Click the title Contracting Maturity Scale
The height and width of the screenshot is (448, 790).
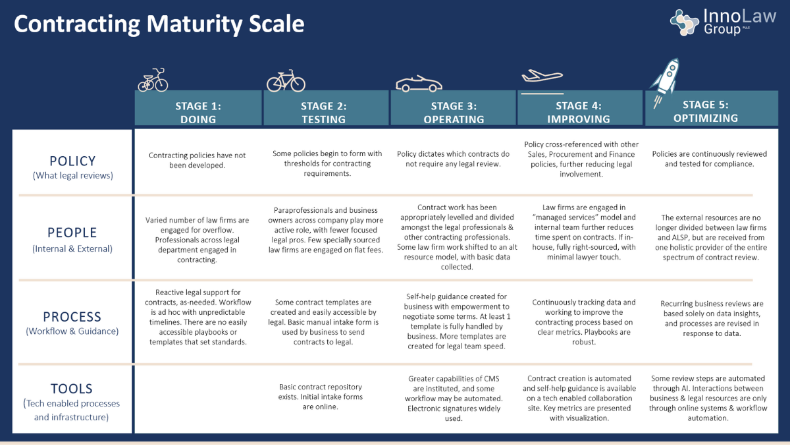[x=159, y=24]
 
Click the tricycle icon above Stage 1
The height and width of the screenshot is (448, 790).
[x=153, y=80]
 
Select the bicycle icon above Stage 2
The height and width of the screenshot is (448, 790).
[x=286, y=80]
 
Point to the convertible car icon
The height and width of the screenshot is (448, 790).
[x=418, y=84]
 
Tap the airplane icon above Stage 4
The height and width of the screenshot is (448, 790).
[x=541, y=76]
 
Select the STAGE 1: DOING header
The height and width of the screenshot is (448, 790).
[x=198, y=112]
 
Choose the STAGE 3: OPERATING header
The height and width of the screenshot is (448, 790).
[x=454, y=112]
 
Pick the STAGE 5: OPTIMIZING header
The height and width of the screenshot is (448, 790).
[x=705, y=111]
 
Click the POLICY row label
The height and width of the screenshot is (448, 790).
[x=72, y=161]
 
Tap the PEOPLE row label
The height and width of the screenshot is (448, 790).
[x=72, y=233]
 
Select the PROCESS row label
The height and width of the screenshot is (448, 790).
[x=72, y=316]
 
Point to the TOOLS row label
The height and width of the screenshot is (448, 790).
[x=72, y=389]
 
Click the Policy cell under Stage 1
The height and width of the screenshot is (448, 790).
[x=197, y=160]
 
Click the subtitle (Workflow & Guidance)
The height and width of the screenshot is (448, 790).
[x=72, y=331]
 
